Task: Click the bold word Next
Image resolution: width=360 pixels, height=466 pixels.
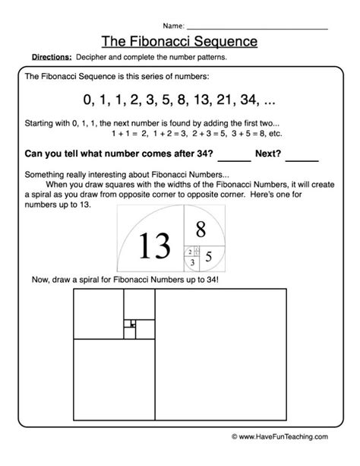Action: coord(268,154)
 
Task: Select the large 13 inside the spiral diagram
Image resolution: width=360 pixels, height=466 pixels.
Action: coord(154,245)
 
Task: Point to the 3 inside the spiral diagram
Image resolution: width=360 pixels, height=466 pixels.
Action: coord(193,263)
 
